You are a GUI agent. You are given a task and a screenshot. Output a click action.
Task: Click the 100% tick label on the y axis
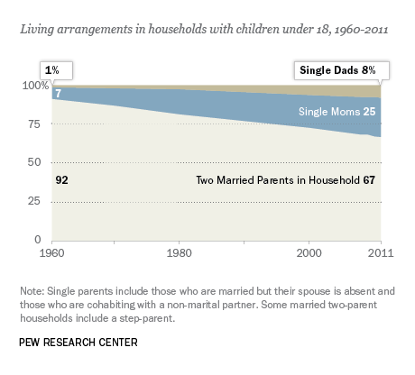pos(35,86)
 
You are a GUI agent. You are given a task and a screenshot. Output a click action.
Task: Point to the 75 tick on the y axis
pos(33,123)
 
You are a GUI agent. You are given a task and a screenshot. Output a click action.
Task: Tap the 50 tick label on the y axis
pos(33,162)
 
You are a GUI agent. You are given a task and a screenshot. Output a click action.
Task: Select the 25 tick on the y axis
pos(33,201)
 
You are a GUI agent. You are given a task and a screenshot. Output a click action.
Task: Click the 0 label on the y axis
pos(37,240)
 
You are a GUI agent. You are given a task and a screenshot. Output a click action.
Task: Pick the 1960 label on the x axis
pos(51,253)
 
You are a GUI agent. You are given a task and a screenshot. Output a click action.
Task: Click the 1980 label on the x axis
pos(179,253)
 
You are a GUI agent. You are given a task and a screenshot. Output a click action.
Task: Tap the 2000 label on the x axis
pos(309,253)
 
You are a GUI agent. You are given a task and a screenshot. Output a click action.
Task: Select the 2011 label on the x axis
pos(381,253)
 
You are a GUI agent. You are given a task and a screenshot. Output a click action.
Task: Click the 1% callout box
pos(56,71)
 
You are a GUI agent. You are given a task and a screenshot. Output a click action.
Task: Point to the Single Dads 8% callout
pos(342,71)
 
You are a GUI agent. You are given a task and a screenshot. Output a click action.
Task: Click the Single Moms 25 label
pos(337,112)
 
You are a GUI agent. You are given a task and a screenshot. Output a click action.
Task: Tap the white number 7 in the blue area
pos(58,94)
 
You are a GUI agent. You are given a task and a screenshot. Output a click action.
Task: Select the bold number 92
pos(61,180)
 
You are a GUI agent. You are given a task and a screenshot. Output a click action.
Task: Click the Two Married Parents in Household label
pos(278,180)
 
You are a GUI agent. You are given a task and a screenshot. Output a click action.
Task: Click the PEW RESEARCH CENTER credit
pos(78,343)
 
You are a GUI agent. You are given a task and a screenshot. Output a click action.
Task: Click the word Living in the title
pos(37,30)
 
